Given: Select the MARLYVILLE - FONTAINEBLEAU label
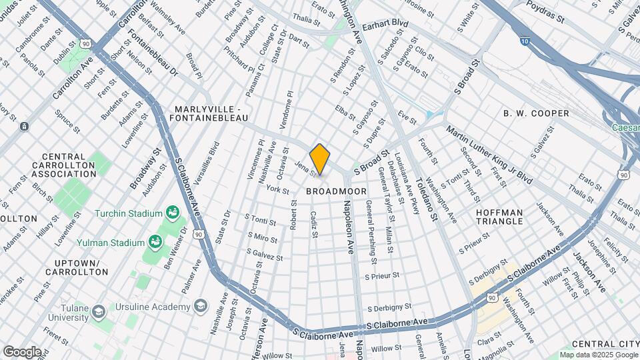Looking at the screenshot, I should [x=211, y=113].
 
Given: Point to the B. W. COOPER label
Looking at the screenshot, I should [x=536, y=113].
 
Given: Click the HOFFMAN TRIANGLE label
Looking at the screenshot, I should [x=509, y=217].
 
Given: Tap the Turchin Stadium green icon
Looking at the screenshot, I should [x=173, y=213].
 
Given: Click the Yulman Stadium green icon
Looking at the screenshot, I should [x=156, y=241].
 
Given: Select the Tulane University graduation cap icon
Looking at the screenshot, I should [x=99, y=312].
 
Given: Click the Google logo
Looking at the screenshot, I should [x=22, y=351].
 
